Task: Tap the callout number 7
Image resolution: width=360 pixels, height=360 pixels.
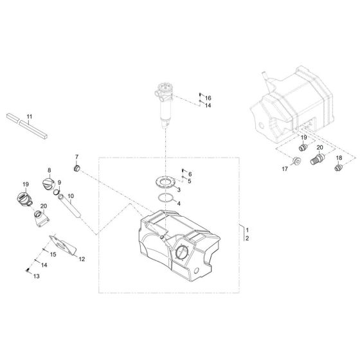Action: coord(76,157)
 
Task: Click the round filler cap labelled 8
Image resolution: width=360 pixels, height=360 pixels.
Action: coord(48,184)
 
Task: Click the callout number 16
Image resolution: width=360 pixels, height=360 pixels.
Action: coord(208,97)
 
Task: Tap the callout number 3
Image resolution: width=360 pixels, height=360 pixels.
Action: coord(179,191)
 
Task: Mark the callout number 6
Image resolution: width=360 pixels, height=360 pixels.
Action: coord(190,174)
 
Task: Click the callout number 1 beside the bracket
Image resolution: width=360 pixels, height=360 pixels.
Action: coord(246,230)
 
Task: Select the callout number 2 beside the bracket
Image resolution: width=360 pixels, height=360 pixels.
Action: coord(246,238)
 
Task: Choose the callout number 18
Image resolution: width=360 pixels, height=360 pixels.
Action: coord(339,158)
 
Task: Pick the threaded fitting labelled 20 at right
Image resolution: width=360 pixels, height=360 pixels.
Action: coord(317,158)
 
